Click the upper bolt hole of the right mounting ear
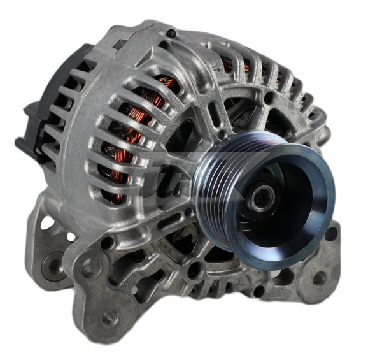330,233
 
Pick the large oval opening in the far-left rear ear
47,224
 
